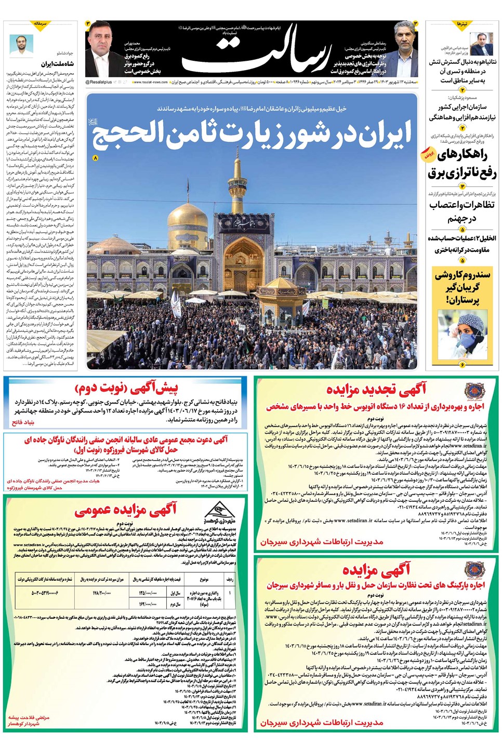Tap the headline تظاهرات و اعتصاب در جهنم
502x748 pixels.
462,211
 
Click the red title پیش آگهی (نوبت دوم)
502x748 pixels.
126,388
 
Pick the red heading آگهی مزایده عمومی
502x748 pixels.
125,510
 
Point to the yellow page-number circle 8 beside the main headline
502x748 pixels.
95,157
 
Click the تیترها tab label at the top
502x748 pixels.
461,24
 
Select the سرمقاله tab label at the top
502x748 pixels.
41,24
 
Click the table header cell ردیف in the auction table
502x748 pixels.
229,579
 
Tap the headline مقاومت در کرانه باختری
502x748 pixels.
462,250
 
